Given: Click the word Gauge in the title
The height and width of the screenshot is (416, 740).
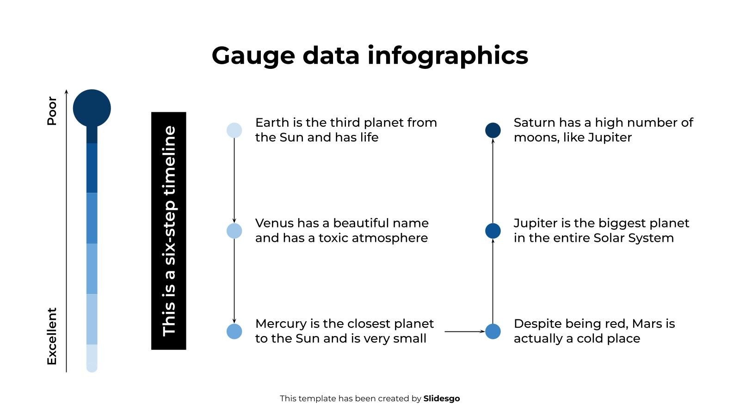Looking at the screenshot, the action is (x=253, y=56).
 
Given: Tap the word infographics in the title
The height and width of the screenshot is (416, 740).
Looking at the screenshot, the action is (x=448, y=56).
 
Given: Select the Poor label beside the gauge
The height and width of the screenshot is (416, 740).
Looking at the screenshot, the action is (x=52, y=111).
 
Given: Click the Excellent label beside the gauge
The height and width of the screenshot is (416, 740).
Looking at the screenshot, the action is (x=52, y=336).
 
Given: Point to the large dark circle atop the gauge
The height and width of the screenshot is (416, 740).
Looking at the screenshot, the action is (x=92, y=108).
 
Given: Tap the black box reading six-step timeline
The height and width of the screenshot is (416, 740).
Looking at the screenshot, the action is (x=169, y=231).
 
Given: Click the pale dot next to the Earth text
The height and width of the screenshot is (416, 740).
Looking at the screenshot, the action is (x=234, y=130).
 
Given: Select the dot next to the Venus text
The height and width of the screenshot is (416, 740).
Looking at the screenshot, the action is (x=234, y=231).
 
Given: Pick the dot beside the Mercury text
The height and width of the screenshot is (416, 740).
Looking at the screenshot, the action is (x=234, y=331).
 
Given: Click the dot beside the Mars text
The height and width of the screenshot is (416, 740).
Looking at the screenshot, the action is (x=493, y=331).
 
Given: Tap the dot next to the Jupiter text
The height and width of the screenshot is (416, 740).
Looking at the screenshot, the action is (x=493, y=231).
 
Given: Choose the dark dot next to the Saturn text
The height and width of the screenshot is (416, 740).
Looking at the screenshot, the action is (x=493, y=130).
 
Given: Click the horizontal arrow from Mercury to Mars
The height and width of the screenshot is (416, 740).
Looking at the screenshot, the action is (x=465, y=331).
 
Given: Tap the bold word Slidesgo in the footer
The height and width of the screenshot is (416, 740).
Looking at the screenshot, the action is (x=442, y=398).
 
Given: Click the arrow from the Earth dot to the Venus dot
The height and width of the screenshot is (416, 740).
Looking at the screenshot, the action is (x=234, y=181).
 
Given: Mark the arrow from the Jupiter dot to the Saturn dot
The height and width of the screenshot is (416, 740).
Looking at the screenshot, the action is (x=493, y=181).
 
